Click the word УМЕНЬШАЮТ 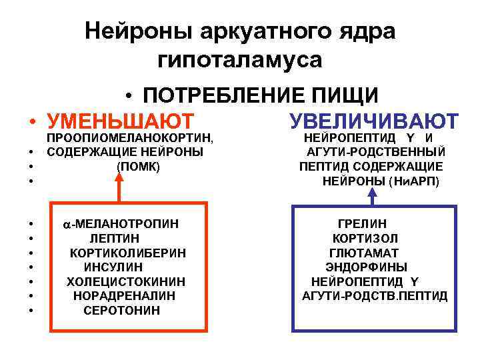coord(121,122)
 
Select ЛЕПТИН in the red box coord(115,238)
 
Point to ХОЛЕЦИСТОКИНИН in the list coord(126,281)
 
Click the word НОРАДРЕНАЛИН coord(125,295)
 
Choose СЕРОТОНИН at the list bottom coord(122,310)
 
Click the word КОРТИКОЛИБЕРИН coord(128,253)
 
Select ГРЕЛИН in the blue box coord(362,224)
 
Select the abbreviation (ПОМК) coord(138,166)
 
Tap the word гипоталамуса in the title coord(240,59)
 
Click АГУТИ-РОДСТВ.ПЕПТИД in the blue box coord(375,295)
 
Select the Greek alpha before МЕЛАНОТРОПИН coord(67,224)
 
